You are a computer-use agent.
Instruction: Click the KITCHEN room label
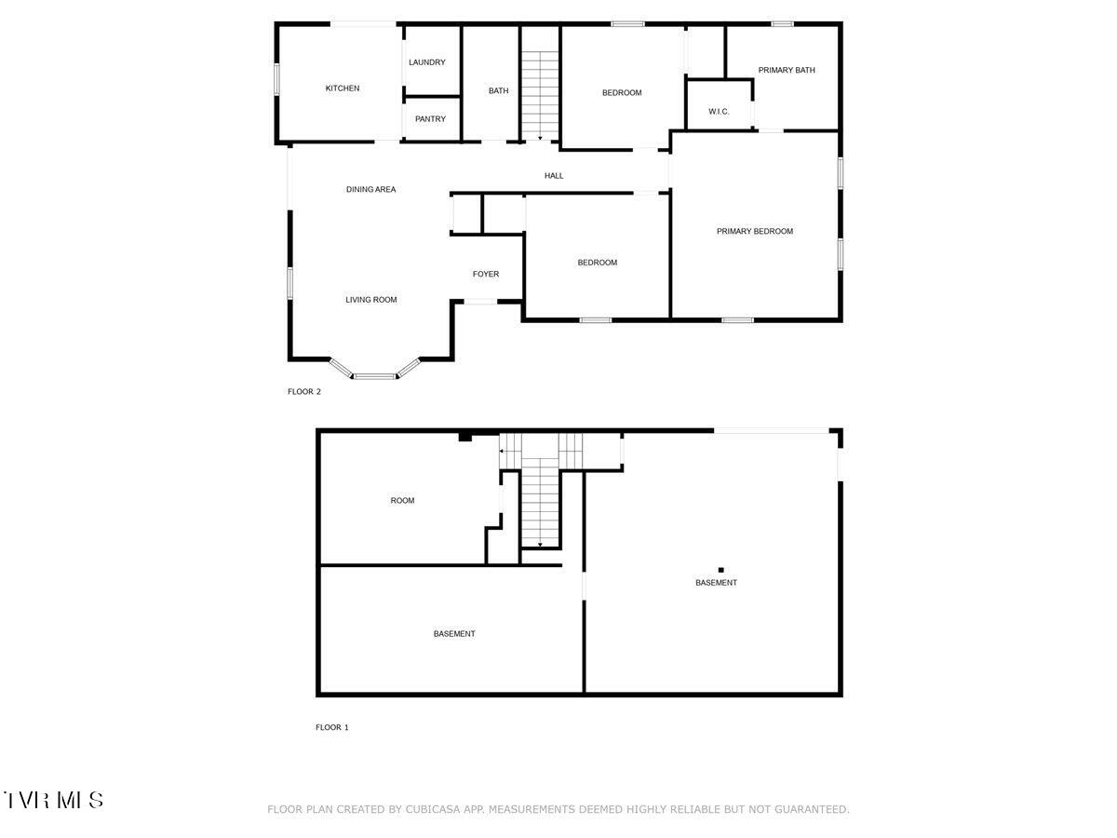pyautogui.click(x=342, y=88)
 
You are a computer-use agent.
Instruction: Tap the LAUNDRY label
pyautogui.click(x=427, y=62)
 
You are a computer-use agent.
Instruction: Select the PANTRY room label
pyautogui.click(x=430, y=119)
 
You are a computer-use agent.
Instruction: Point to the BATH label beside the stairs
pyautogui.click(x=499, y=90)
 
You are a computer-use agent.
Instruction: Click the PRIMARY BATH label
pyautogui.click(x=787, y=70)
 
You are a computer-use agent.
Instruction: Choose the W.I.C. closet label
pyautogui.click(x=719, y=112)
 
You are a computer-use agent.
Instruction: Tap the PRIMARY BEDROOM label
pyautogui.click(x=755, y=231)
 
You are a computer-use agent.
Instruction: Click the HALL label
pyautogui.click(x=554, y=175)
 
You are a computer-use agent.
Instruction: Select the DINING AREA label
pyautogui.click(x=371, y=189)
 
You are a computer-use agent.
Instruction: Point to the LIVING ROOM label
pyautogui.click(x=371, y=300)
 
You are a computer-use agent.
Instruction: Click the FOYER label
pyautogui.click(x=486, y=274)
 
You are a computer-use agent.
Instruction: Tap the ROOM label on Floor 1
pyautogui.click(x=402, y=501)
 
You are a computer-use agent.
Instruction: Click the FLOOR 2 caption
pyautogui.click(x=304, y=392)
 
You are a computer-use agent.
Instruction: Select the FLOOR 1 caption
pyautogui.click(x=332, y=727)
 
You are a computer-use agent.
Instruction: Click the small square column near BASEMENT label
pyautogui.click(x=720, y=570)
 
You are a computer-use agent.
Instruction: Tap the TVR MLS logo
pyautogui.click(x=53, y=800)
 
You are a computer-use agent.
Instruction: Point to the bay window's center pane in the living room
pyautogui.click(x=374, y=377)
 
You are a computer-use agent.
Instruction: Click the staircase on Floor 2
pyautogui.click(x=539, y=84)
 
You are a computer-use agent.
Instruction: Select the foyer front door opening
pyautogui.click(x=480, y=302)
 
